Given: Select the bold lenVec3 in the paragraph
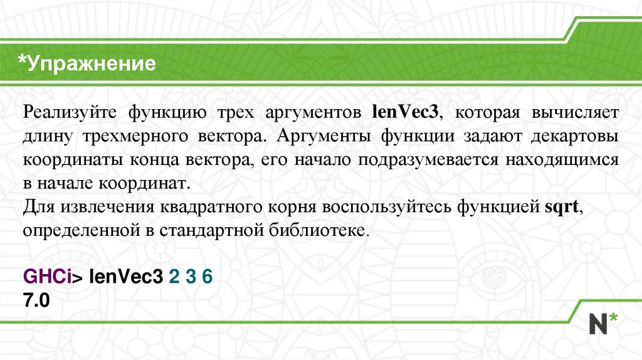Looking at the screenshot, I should [407, 114].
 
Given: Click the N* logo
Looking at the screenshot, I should [602, 322].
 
